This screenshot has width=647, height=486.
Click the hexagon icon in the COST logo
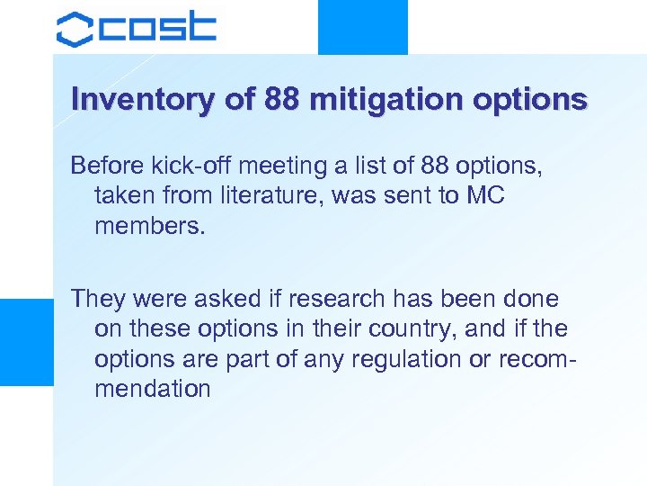tap(75, 29)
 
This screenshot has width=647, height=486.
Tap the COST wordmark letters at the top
tap(156, 29)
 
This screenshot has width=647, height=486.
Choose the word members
tap(149, 226)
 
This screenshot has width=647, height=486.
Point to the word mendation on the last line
tap(152, 389)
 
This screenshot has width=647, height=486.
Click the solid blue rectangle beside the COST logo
tap(363, 27)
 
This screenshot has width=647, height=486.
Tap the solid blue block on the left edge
tap(26, 342)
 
